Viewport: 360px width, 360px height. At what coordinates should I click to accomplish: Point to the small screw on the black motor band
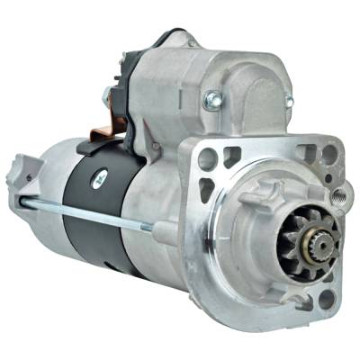pos(101,177)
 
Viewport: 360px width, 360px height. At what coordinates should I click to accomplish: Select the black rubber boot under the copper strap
pos(95,145)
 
